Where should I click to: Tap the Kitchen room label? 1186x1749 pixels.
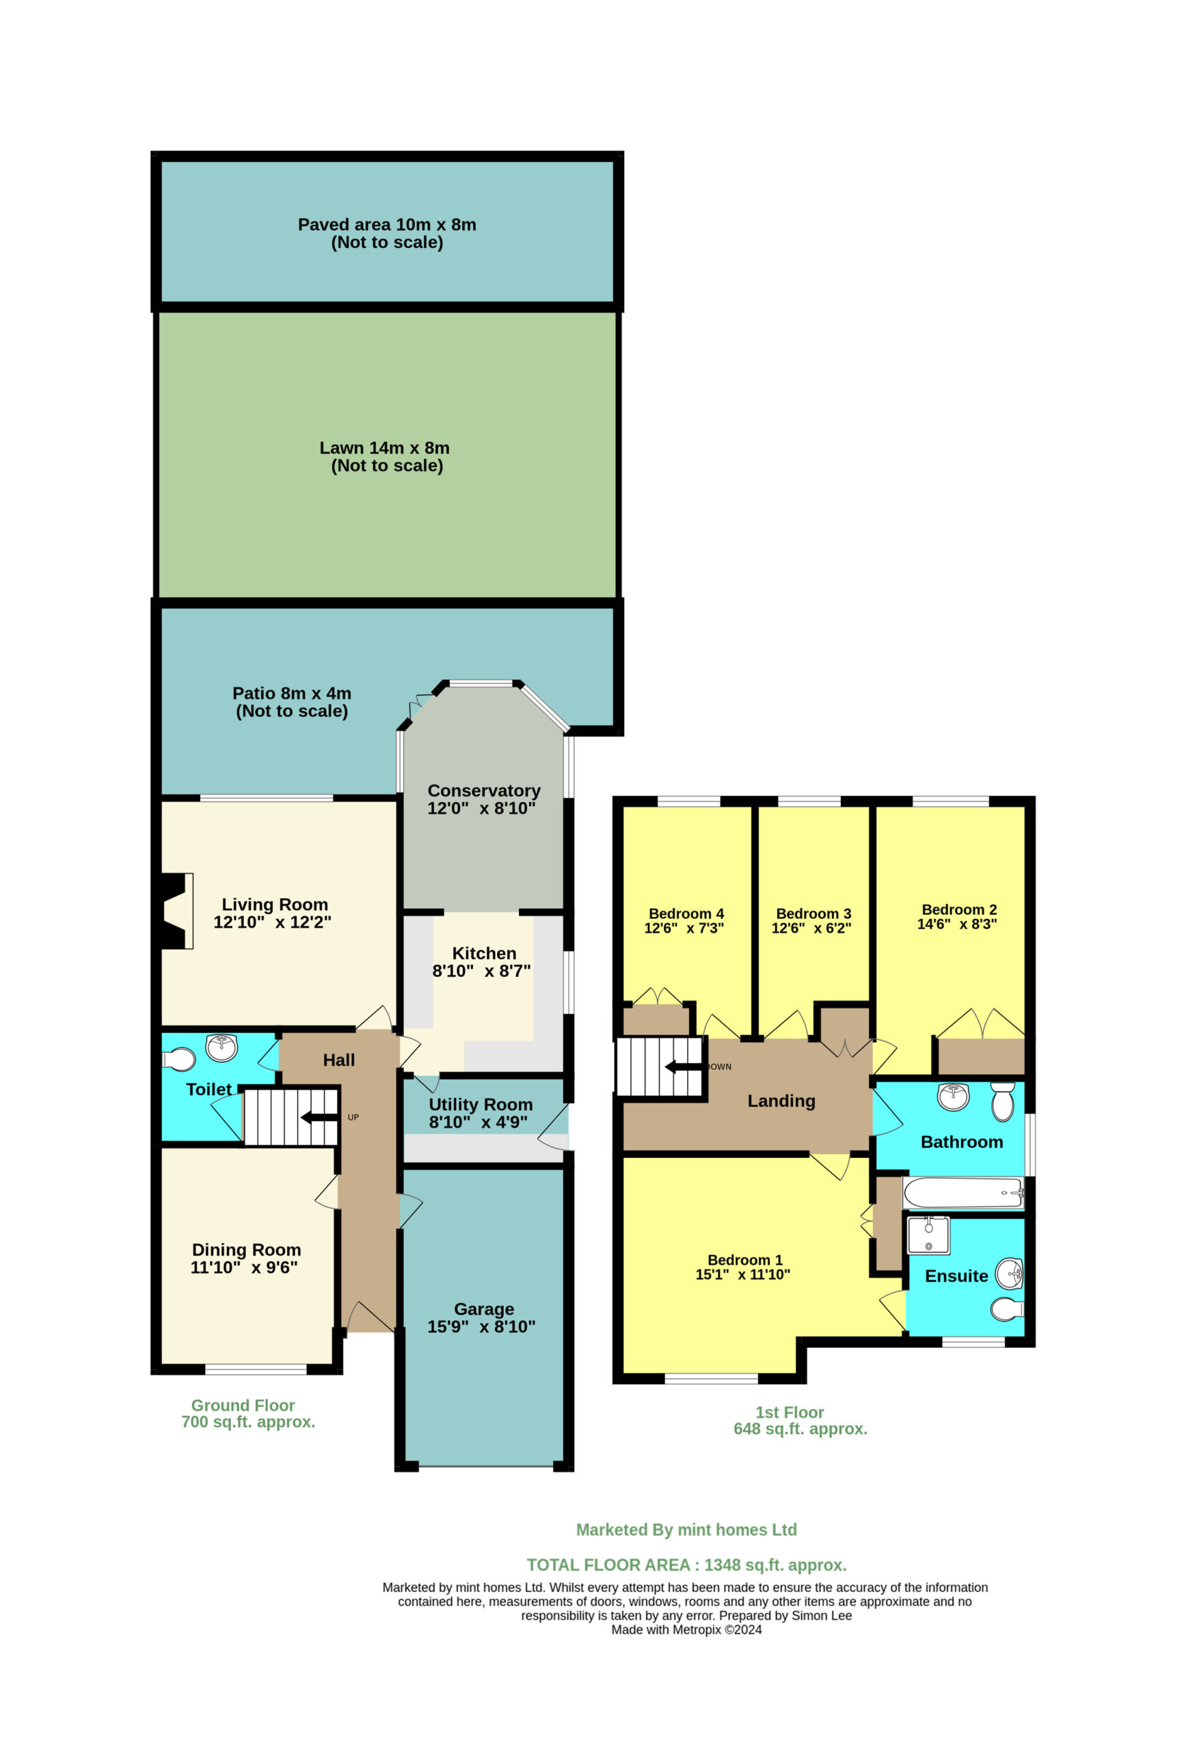pos(483,953)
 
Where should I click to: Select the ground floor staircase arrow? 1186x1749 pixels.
pos(319,1117)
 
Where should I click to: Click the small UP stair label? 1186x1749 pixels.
pos(353,1118)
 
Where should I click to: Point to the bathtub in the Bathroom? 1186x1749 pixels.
pos(963,1193)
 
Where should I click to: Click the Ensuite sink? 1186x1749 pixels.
pos(1009,1274)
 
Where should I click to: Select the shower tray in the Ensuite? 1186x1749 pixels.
pos(928,1236)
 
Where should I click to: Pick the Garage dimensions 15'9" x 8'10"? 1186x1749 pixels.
pos(481,1327)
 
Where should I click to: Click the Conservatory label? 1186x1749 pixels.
pos(483,791)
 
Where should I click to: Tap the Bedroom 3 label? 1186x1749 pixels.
pos(813,913)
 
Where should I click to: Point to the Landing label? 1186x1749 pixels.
pos(781,1101)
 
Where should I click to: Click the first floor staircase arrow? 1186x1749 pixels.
pos(684,1066)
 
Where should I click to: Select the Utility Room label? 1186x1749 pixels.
pos(481,1105)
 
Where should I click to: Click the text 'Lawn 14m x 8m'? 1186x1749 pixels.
pos(384,447)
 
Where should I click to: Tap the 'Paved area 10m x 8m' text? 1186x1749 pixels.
pos(387,224)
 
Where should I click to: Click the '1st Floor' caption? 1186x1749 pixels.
pos(789,1413)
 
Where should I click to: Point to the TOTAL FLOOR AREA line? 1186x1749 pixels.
pos(686,1565)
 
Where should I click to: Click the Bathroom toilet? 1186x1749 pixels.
pos(1002,1102)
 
